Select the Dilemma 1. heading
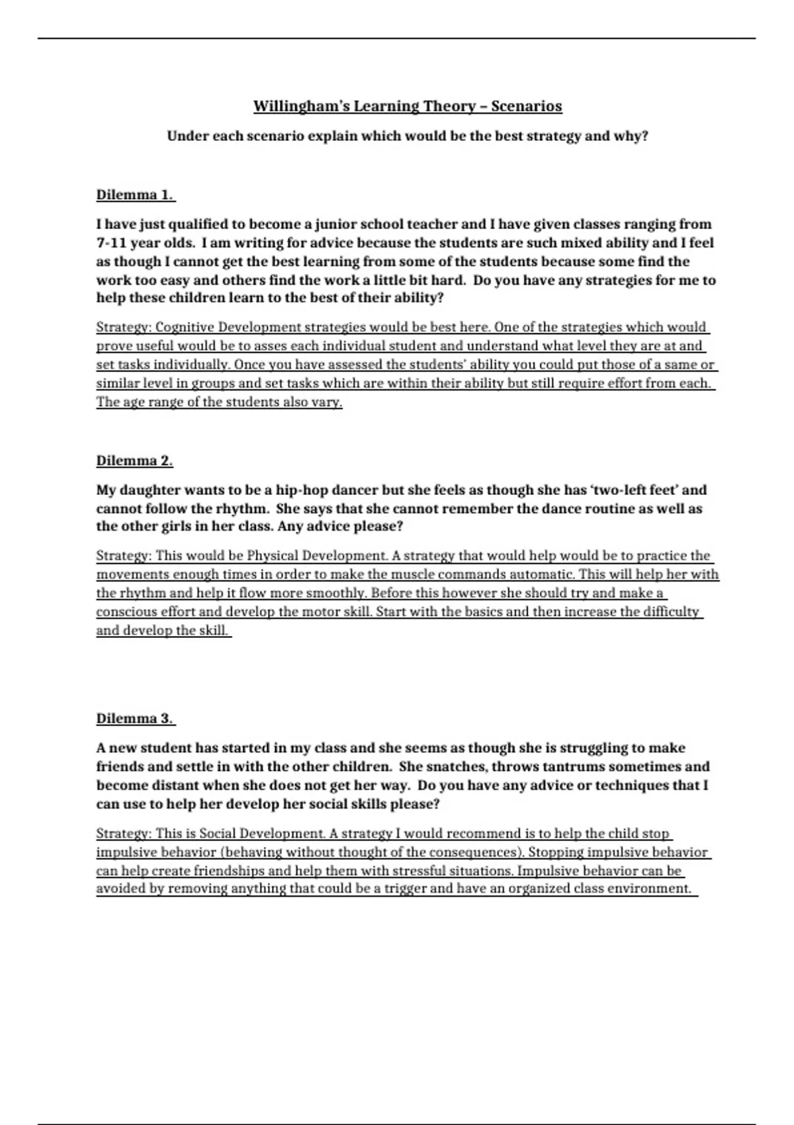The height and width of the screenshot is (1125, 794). (135, 195)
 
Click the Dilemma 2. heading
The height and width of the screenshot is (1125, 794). (134, 461)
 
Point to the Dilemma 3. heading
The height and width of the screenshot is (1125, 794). (135, 718)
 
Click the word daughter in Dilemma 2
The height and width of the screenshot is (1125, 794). (151, 490)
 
